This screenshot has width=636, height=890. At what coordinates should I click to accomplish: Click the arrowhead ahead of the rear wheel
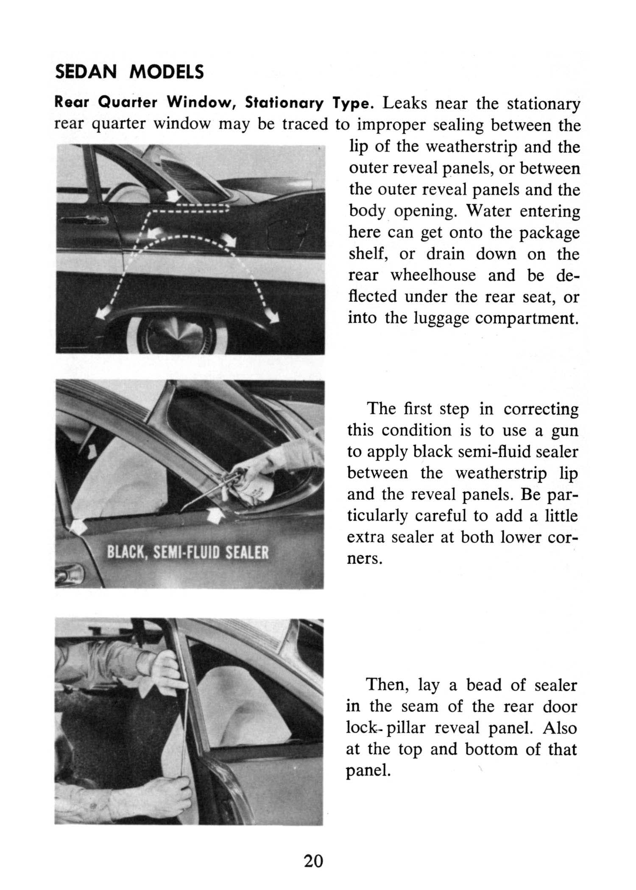point(101,313)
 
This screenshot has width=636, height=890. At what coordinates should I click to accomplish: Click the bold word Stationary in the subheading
point(285,103)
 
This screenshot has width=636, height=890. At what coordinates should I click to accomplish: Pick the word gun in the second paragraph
point(564,431)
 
